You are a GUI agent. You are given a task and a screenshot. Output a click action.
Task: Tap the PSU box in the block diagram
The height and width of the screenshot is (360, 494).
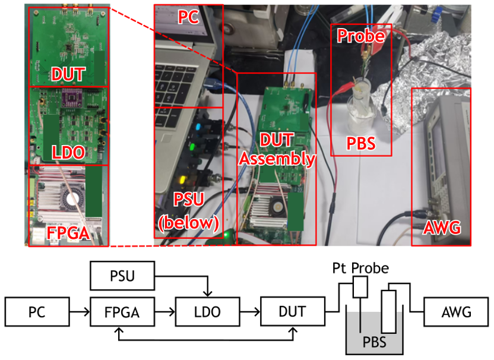(122, 276)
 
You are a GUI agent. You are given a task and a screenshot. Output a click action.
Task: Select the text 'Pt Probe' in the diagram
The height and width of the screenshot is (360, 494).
(360, 269)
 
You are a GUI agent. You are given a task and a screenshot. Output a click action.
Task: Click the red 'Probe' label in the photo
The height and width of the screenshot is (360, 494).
(361, 36)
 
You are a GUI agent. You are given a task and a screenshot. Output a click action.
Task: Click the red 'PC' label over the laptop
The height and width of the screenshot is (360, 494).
(189, 18)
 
